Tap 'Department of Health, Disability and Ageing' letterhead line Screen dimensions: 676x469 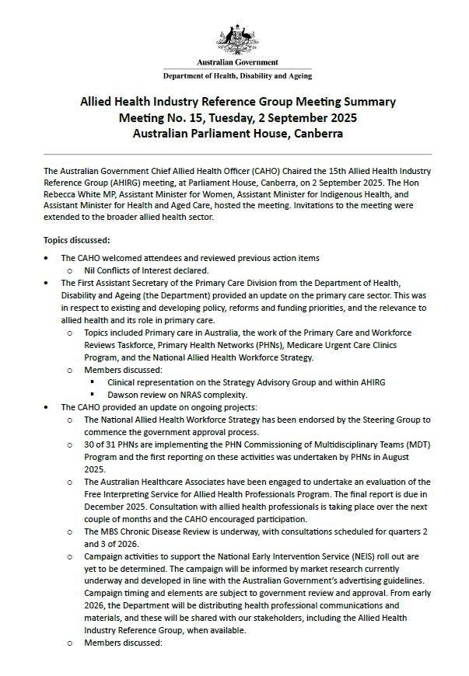tap(237, 76)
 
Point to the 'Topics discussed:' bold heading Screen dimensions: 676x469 tap(76, 240)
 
